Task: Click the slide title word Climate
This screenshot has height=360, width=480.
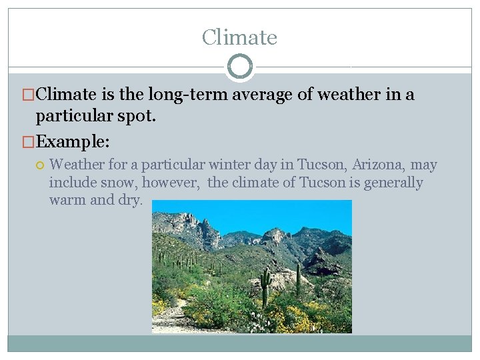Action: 239,37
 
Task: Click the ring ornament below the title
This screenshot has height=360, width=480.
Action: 240,67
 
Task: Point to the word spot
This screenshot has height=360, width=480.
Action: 136,116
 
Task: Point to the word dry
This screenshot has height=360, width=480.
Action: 129,200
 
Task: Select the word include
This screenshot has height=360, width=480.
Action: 70,183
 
